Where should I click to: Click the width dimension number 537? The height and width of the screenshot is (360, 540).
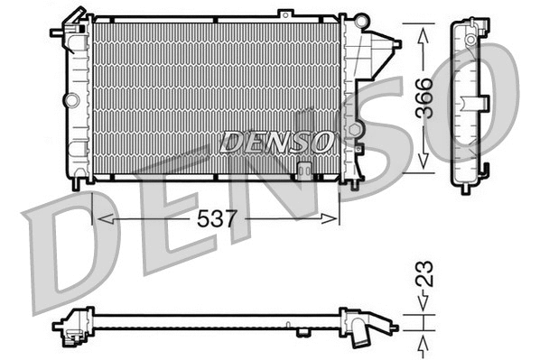(x=216, y=218)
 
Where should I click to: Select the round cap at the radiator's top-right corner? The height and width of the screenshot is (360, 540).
(x=361, y=20)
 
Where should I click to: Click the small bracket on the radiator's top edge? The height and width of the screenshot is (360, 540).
(x=285, y=14)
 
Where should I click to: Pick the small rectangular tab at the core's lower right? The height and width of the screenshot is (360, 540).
(x=305, y=169)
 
